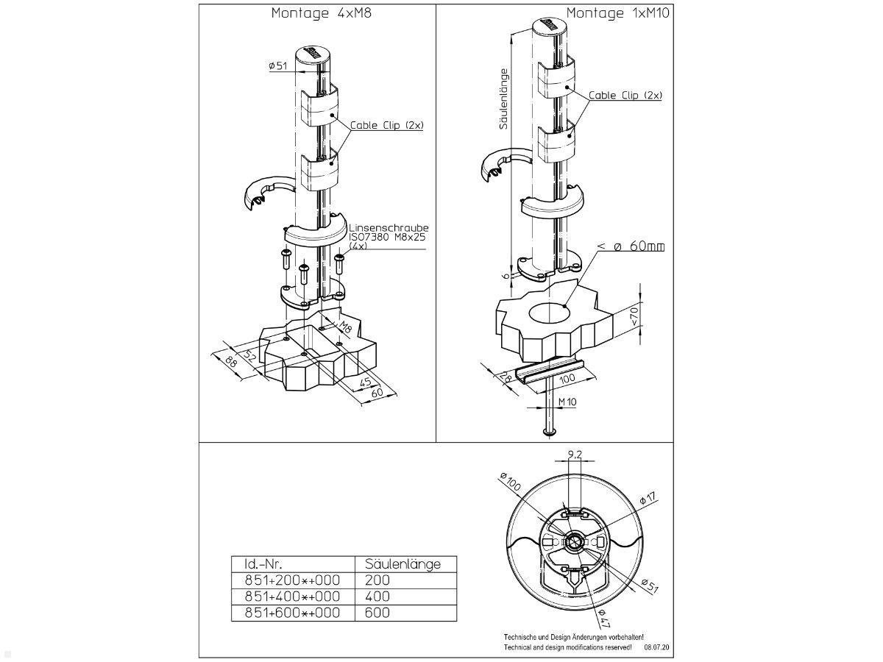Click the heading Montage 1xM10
617,13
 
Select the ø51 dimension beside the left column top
278,66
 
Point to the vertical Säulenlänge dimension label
504,99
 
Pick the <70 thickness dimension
635,316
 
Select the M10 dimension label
567,402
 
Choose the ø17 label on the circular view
647,499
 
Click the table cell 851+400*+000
292,596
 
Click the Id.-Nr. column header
263,563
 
